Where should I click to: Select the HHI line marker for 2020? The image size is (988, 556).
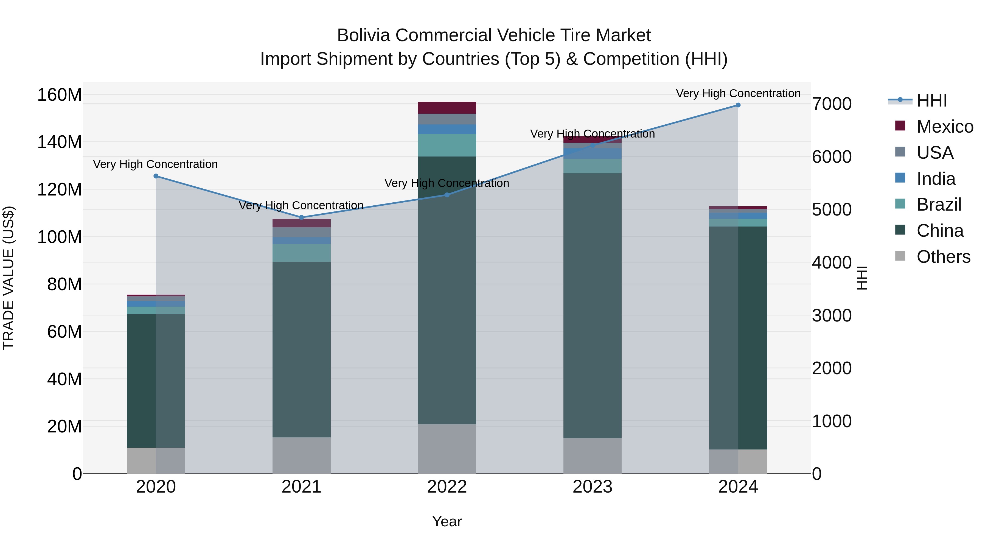tap(156, 176)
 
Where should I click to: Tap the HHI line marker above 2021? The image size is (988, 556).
tap(301, 217)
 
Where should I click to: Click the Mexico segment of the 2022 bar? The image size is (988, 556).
tap(447, 108)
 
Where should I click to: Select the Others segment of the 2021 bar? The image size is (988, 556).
tap(301, 456)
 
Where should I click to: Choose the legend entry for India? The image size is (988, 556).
tap(936, 179)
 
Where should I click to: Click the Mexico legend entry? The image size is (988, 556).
tap(944, 127)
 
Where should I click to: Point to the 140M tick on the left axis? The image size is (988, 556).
tap(60, 142)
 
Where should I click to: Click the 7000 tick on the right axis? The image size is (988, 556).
tap(832, 104)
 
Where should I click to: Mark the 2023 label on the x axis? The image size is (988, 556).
tap(592, 487)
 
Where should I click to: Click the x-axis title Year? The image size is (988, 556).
tap(447, 521)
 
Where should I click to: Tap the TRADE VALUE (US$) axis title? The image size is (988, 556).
tap(9, 278)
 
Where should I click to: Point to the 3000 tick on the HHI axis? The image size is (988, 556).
tap(832, 316)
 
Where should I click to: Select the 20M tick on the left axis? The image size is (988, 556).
tap(64, 426)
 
